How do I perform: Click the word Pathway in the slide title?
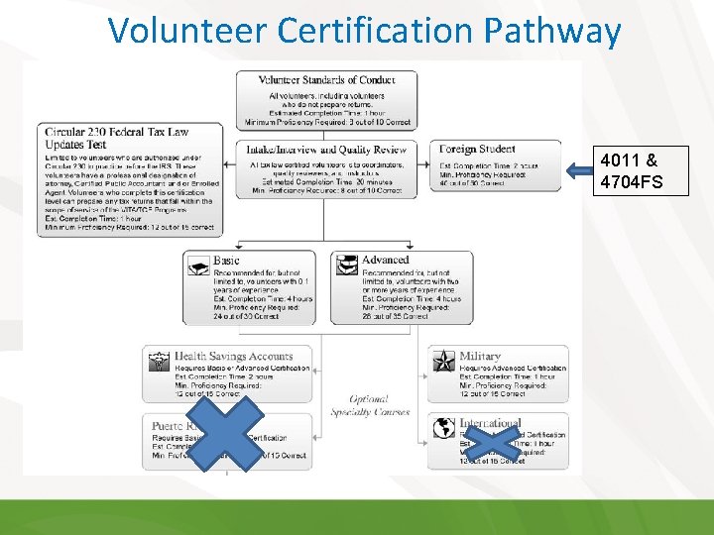click(x=553, y=32)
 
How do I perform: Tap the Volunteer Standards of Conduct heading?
click(x=326, y=80)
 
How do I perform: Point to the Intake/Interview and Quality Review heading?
click(x=326, y=150)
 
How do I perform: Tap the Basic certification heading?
click(x=226, y=261)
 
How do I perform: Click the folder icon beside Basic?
click(x=197, y=267)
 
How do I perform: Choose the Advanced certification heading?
click(x=385, y=261)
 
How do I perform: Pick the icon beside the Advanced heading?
click(x=346, y=266)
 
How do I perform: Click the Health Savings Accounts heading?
click(x=234, y=357)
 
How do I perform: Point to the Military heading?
click(x=480, y=357)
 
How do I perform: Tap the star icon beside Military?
click(x=443, y=361)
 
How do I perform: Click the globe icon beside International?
click(x=443, y=429)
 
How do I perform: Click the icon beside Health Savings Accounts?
click(x=158, y=362)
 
